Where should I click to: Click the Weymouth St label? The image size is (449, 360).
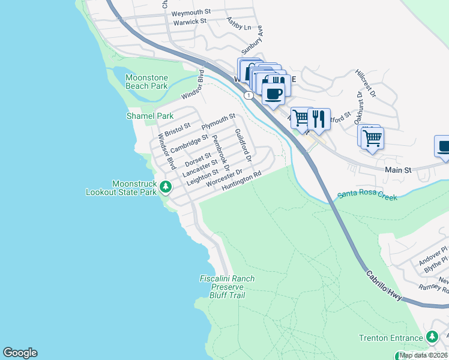[191, 12]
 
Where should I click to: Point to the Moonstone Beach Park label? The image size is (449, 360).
[146, 82]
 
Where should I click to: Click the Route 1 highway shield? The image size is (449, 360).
[248, 95]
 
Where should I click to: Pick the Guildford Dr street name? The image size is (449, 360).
[242, 145]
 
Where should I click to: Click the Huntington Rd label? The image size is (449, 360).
[243, 181]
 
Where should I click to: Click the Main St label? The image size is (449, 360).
[398, 170]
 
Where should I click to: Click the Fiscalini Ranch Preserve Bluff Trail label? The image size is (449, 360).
[227, 287]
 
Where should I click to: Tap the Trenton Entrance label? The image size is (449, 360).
[390, 338]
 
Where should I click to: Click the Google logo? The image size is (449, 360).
[20, 353]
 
